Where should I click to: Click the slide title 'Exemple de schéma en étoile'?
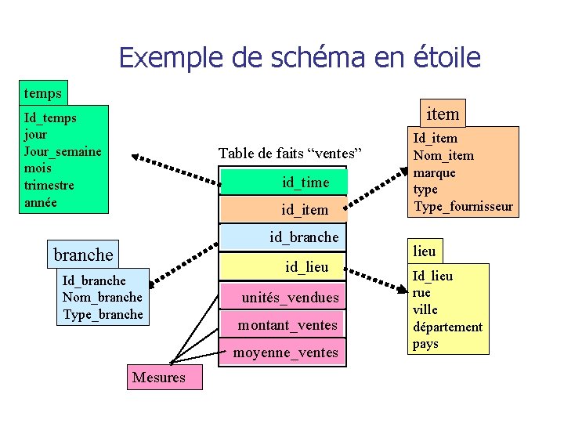(x=300, y=57)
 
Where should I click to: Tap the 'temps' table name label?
(x=43, y=93)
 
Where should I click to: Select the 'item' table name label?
(x=443, y=114)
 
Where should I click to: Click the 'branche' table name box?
(x=83, y=255)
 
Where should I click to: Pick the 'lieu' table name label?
(x=425, y=251)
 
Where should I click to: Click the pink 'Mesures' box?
(x=159, y=378)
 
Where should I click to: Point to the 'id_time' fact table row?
(x=305, y=183)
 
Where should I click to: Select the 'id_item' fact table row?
(x=305, y=209)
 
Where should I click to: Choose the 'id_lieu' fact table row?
(x=306, y=267)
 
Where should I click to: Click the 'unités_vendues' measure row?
(x=290, y=298)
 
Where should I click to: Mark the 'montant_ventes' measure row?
(x=287, y=325)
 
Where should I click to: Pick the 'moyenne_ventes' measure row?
(x=285, y=353)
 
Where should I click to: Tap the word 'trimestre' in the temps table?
(x=49, y=186)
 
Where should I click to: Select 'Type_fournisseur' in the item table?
(x=463, y=207)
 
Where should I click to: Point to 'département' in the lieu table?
(x=447, y=327)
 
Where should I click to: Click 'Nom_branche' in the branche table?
(x=102, y=297)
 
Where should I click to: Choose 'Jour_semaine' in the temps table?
(x=63, y=151)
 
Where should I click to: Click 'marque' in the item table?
(x=434, y=172)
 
